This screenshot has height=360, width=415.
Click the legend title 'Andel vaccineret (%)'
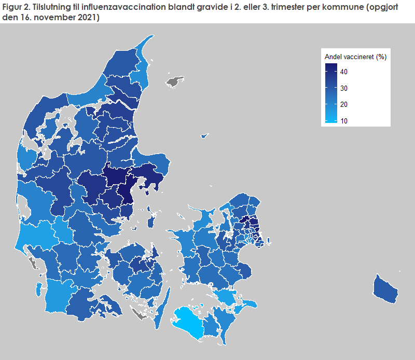(355, 57)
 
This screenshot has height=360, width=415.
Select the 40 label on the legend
(344, 72)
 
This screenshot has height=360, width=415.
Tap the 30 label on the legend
(344, 88)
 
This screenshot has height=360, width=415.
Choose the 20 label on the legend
(344, 105)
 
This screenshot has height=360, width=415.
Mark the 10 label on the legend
(344, 121)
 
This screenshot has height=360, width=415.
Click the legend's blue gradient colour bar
(331, 93)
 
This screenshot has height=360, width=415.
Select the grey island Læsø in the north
(175, 81)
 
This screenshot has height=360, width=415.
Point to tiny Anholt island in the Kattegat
(204, 136)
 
